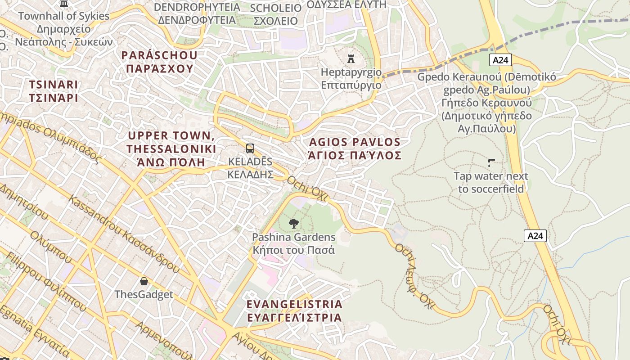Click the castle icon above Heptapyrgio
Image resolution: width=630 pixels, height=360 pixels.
(x=351, y=59)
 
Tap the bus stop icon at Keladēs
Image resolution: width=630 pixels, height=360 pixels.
(x=250, y=148)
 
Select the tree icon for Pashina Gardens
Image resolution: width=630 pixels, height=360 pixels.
(x=294, y=223)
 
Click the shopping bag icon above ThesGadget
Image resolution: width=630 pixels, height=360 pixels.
(x=144, y=281)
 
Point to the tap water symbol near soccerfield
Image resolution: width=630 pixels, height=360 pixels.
(x=491, y=162)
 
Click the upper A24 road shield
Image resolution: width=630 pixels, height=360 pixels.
(x=500, y=60)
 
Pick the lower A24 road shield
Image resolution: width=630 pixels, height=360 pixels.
(x=535, y=235)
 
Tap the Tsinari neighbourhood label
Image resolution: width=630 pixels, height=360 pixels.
(x=54, y=91)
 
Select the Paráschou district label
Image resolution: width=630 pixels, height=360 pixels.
(x=159, y=62)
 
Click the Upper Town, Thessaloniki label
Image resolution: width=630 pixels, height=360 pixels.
(x=171, y=148)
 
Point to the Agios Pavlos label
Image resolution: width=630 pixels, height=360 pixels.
(x=355, y=149)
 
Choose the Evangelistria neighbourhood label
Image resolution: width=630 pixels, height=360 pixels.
(x=294, y=310)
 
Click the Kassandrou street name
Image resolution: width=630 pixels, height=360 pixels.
(x=124, y=234)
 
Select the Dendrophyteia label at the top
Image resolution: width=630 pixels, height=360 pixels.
(x=197, y=13)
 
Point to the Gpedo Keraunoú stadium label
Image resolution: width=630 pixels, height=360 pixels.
(x=486, y=103)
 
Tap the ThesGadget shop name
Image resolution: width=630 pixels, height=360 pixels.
(x=144, y=295)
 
